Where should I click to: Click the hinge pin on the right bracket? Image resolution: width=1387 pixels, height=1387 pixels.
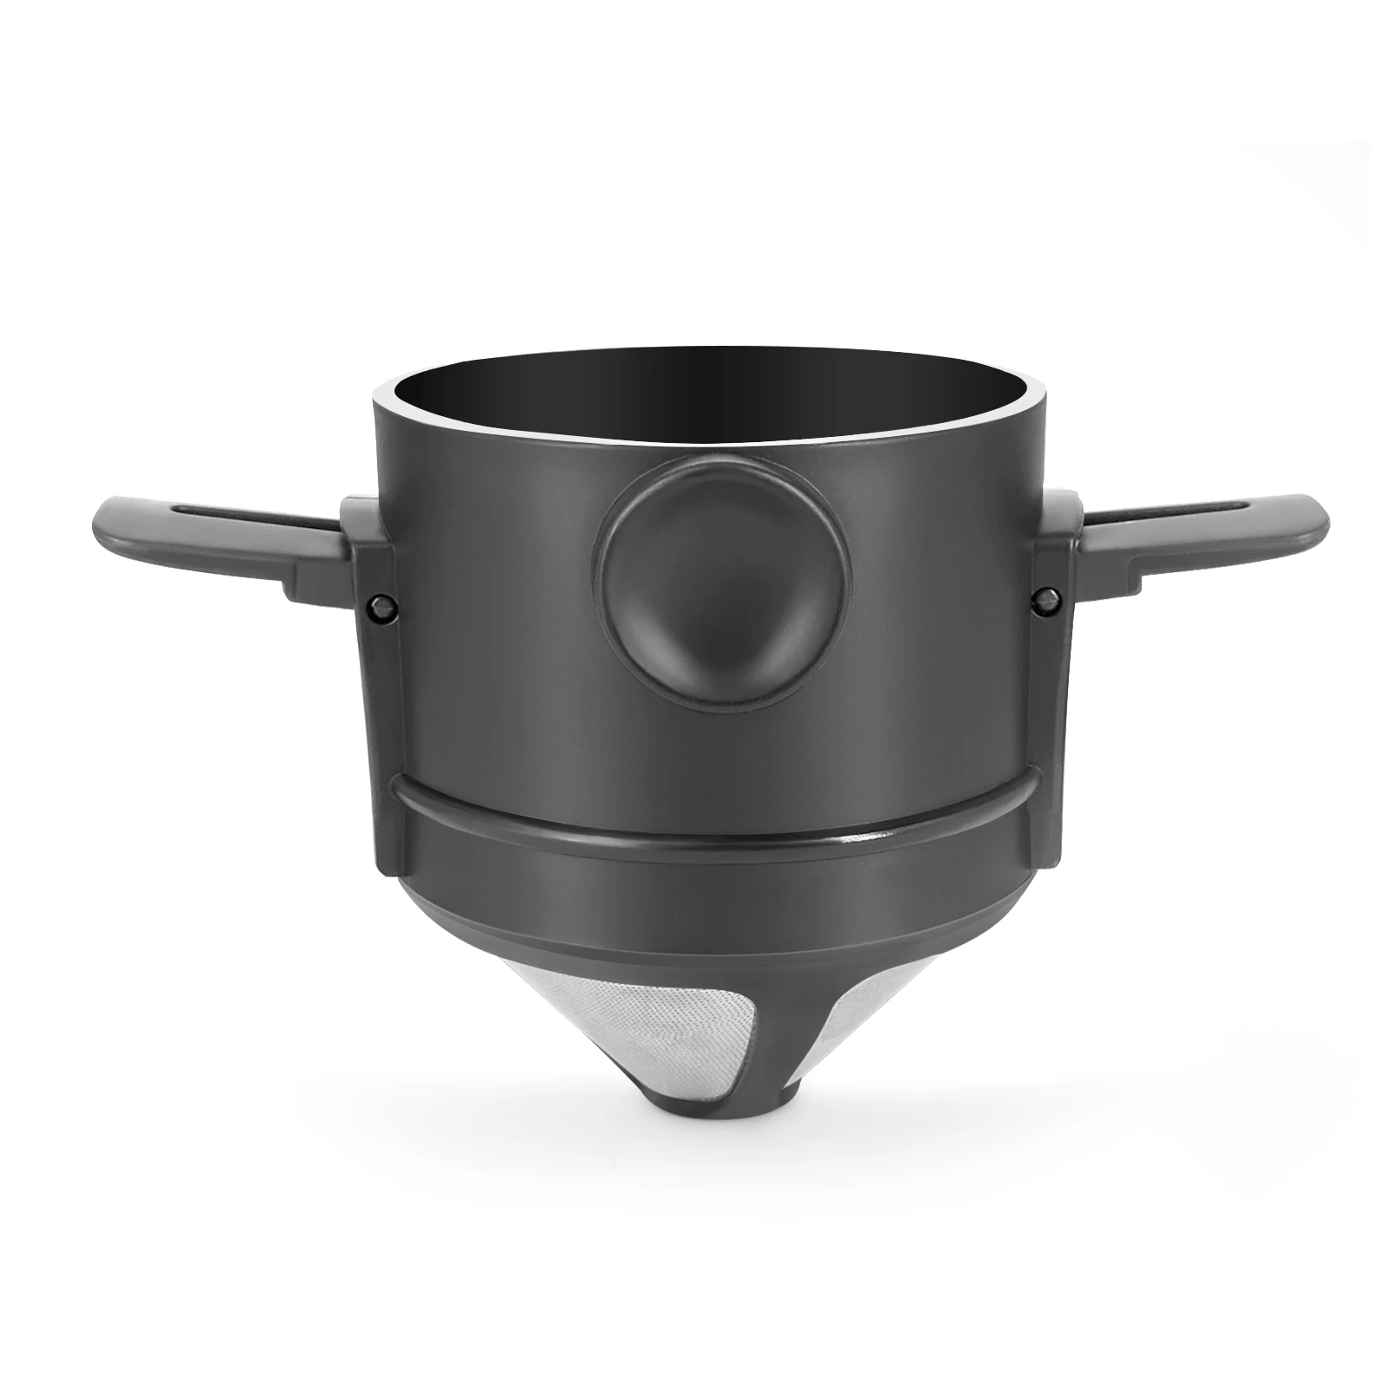tap(1042, 598)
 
